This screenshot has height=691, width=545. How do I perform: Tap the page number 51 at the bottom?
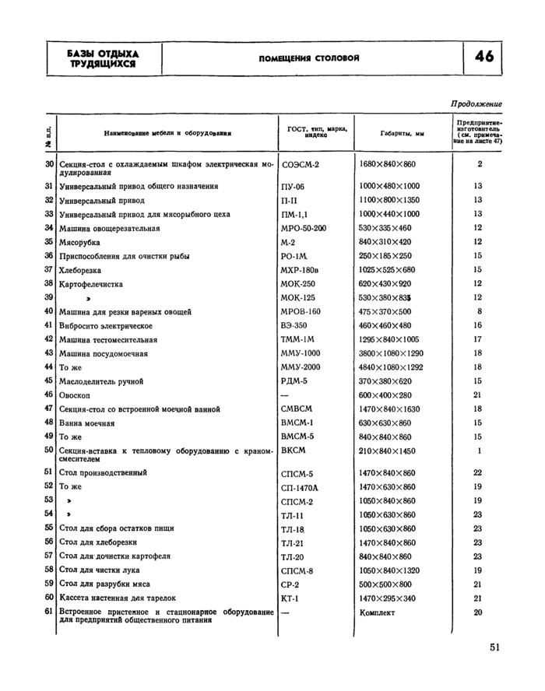[x=495, y=647]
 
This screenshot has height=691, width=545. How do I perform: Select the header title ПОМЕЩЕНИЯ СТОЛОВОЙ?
[x=309, y=59]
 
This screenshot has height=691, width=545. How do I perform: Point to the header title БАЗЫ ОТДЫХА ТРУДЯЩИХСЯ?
[x=103, y=58]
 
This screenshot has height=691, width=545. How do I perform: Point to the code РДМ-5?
[x=294, y=381]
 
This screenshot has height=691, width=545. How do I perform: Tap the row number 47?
[x=48, y=409]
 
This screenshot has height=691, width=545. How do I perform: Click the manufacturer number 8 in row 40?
[x=480, y=311]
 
